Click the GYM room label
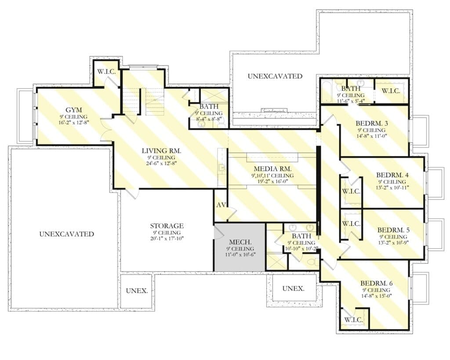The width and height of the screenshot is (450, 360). [74, 110]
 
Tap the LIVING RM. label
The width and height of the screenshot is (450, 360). [161, 151]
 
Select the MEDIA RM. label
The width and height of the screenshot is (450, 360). [272, 169]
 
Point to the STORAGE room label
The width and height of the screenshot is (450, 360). [167, 226]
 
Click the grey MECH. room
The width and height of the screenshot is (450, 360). [240, 247]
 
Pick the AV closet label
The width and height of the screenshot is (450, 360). [221, 205]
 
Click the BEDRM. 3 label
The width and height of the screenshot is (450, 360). [372, 124]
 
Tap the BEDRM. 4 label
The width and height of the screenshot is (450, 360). [392, 175]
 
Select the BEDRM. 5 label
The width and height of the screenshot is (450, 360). [393, 230]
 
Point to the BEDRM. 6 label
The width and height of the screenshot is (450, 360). [377, 284]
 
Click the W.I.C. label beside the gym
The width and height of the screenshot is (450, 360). [106, 72]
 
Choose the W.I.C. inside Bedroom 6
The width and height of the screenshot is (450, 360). [353, 320]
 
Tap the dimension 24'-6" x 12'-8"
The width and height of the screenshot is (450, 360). [161, 164]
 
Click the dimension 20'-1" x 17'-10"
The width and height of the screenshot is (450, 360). [167, 238]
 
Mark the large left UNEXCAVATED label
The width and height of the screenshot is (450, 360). [67, 234]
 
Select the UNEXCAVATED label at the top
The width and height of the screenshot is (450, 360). [275, 76]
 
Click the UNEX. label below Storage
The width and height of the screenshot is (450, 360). [137, 291]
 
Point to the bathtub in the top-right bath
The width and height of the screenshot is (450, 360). [327, 91]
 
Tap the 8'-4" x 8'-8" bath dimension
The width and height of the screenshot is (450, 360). [209, 119]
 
